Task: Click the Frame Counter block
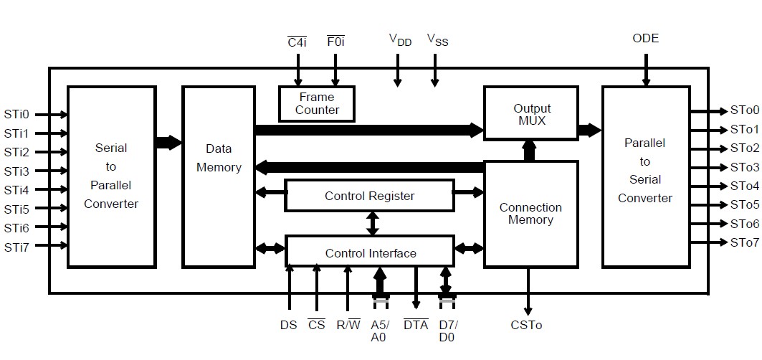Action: pyautogui.click(x=317, y=103)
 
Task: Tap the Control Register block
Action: pyautogui.click(x=369, y=196)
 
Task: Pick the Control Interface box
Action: pyautogui.click(x=370, y=252)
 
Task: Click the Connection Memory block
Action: pyautogui.click(x=530, y=214)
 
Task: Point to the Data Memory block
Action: pyautogui.click(x=219, y=158)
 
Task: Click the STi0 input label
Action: pyautogui.click(x=16, y=114)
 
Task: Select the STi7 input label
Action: pyautogui.click(x=16, y=247)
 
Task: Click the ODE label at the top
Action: pyautogui.click(x=645, y=38)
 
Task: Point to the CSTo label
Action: pyautogui.click(x=527, y=326)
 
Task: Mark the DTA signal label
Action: pyautogui.click(x=416, y=325)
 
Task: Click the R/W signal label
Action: pyautogui.click(x=348, y=325)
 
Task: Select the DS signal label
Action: pyautogui.click(x=288, y=325)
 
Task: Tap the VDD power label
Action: pyautogui.click(x=400, y=40)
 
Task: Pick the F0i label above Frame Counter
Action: pyautogui.click(x=335, y=41)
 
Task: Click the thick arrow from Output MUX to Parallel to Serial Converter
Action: pyautogui.click(x=590, y=130)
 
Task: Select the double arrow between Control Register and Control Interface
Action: pyautogui.click(x=372, y=223)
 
